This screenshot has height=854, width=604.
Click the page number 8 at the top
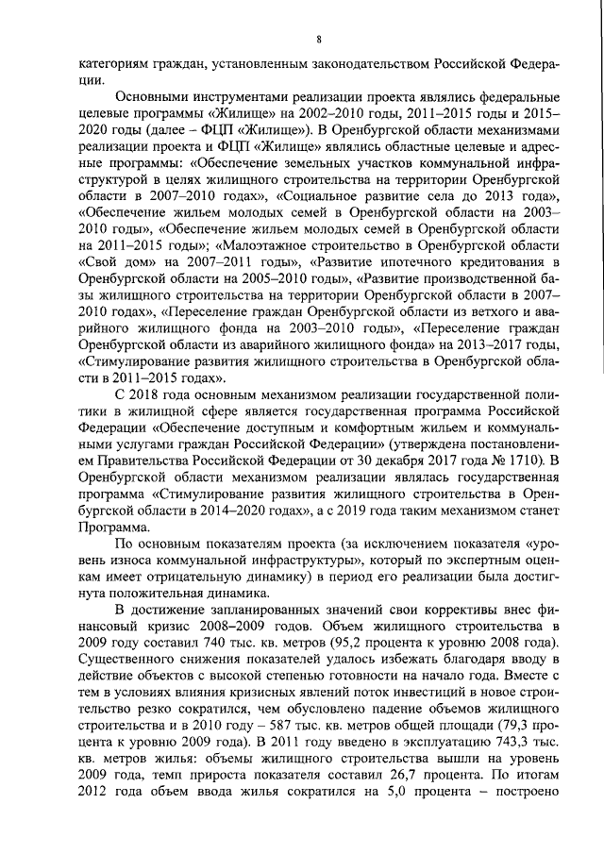click(x=319, y=39)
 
